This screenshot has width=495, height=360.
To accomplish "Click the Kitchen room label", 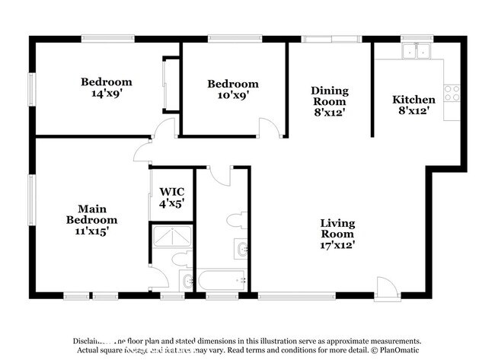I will (414, 100).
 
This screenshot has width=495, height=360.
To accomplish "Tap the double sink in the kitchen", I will (416, 52).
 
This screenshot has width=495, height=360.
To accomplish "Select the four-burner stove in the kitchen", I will (452, 92).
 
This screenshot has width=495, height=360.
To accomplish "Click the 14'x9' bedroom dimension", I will (107, 95).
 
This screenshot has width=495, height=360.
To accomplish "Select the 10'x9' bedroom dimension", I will (233, 96).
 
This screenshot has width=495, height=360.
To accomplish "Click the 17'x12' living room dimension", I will (337, 245).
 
